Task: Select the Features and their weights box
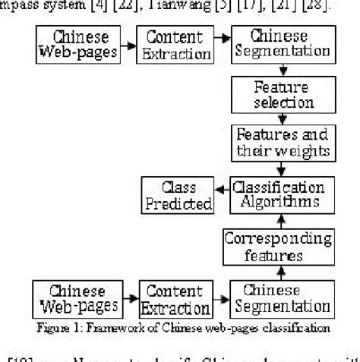[283, 142]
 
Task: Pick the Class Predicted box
[177, 195]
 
